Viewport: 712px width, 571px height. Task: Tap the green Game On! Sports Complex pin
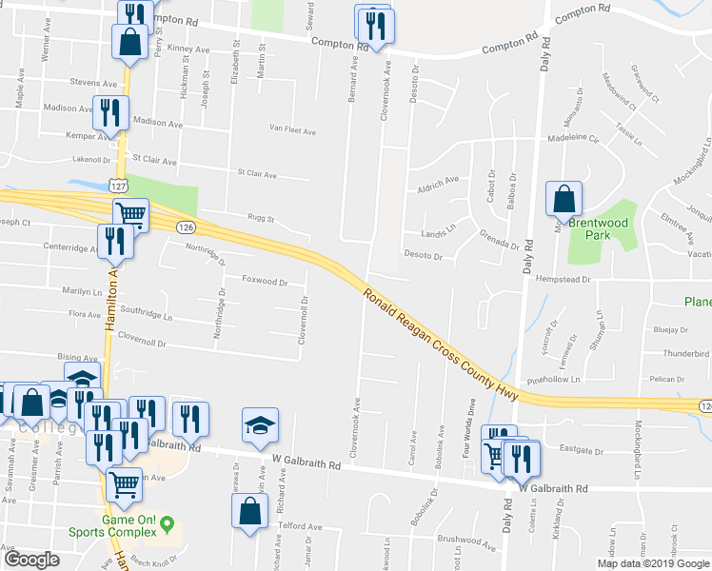point(168,522)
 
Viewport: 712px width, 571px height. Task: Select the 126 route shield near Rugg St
point(186,226)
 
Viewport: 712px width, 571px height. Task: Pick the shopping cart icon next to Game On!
point(125,483)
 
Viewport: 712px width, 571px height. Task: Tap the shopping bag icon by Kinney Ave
point(129,42)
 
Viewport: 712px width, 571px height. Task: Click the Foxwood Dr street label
point(265,282)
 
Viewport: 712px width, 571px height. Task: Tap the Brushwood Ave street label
point(467,542)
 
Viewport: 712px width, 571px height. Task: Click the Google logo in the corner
point(31,560)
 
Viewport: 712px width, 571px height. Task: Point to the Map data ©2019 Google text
point(653,563)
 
